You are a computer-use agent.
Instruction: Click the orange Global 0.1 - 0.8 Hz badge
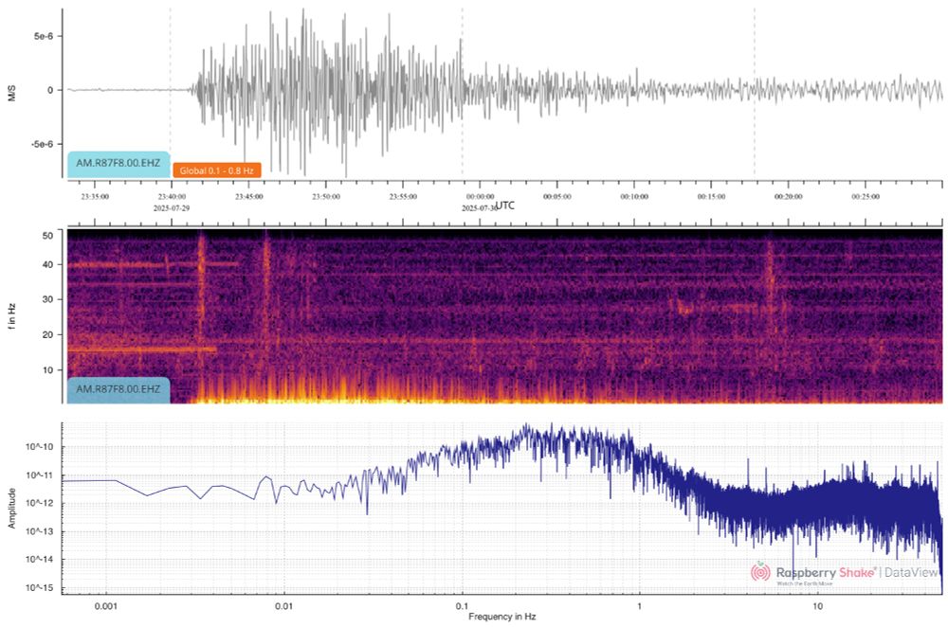(x=216, y=170)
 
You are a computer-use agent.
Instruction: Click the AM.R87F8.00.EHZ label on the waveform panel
(x=118, y=163)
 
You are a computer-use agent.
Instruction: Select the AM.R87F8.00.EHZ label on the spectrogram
(x=118, y=389)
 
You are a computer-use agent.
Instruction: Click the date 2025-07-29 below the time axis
(x=172, y=206)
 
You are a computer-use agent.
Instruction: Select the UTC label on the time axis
(x=505, y=205)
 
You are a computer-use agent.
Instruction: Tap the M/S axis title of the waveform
(x=12, y=90)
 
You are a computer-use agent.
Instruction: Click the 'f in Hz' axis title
(x=12, y=315)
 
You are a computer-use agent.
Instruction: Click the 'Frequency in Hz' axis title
(x=502, y=617)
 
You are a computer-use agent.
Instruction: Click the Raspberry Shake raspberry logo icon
(x=760, y=572)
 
